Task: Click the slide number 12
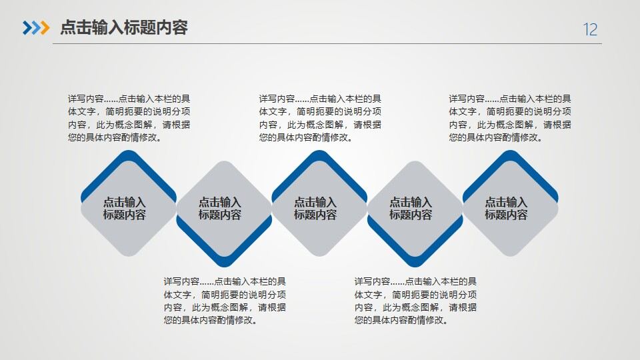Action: coord(590,29)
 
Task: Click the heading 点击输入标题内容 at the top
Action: coord(124,27)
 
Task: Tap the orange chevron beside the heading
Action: coord(44,27)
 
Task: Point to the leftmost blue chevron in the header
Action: coord(27,27)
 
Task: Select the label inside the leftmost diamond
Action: coord(125,208)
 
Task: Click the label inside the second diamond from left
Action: coord(220,208)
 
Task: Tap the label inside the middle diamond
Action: coord(315,208)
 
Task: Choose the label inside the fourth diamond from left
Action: coord(411,208)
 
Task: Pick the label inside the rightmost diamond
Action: coord(506,208)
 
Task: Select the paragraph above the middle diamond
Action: coord(320,118)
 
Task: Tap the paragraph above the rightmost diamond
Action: coord(510,118)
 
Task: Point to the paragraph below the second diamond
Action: coord(225,301)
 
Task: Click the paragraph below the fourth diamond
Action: coord(415,301)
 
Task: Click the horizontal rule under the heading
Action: coord(327,43)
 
